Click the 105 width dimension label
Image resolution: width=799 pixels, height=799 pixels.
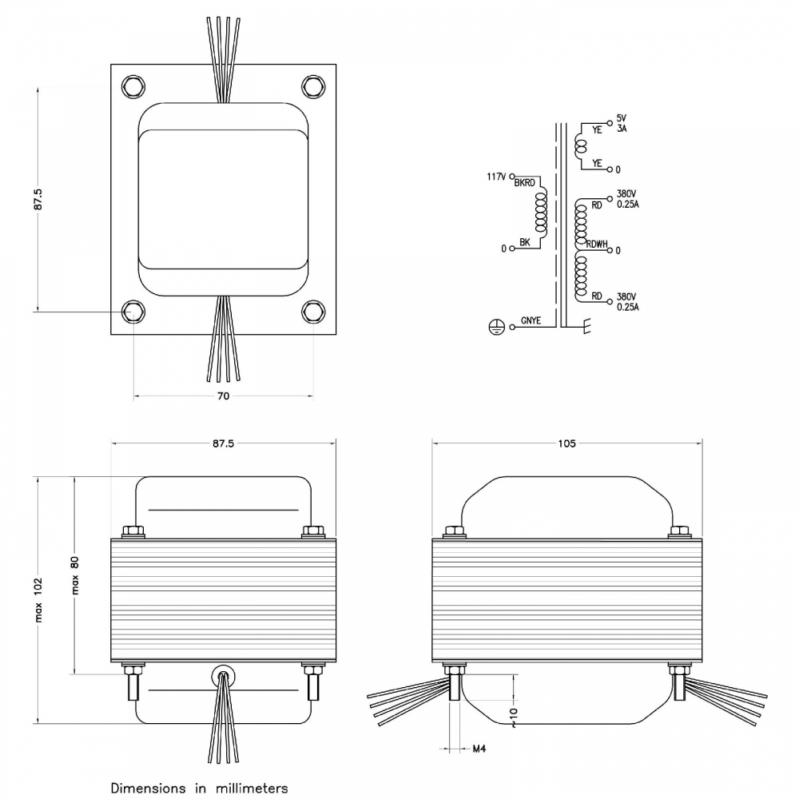[x=566, y=443]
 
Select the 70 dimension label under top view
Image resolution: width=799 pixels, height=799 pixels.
[x=223, y=396]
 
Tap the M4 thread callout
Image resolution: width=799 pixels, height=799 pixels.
[x=479, y=749]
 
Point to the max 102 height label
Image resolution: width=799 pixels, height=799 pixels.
[x=38, y=600]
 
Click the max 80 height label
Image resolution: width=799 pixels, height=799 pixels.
[x=75, y=575]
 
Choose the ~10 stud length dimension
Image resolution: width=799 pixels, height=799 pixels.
[x=513, y=718]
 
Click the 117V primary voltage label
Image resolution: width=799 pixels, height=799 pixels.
[x=496, y=177]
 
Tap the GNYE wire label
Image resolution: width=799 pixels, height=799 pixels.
[x=531, y=320]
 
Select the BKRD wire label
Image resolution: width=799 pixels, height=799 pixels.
[x=525, y=183]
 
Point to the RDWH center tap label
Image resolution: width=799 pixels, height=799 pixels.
[x=597, y=244]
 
